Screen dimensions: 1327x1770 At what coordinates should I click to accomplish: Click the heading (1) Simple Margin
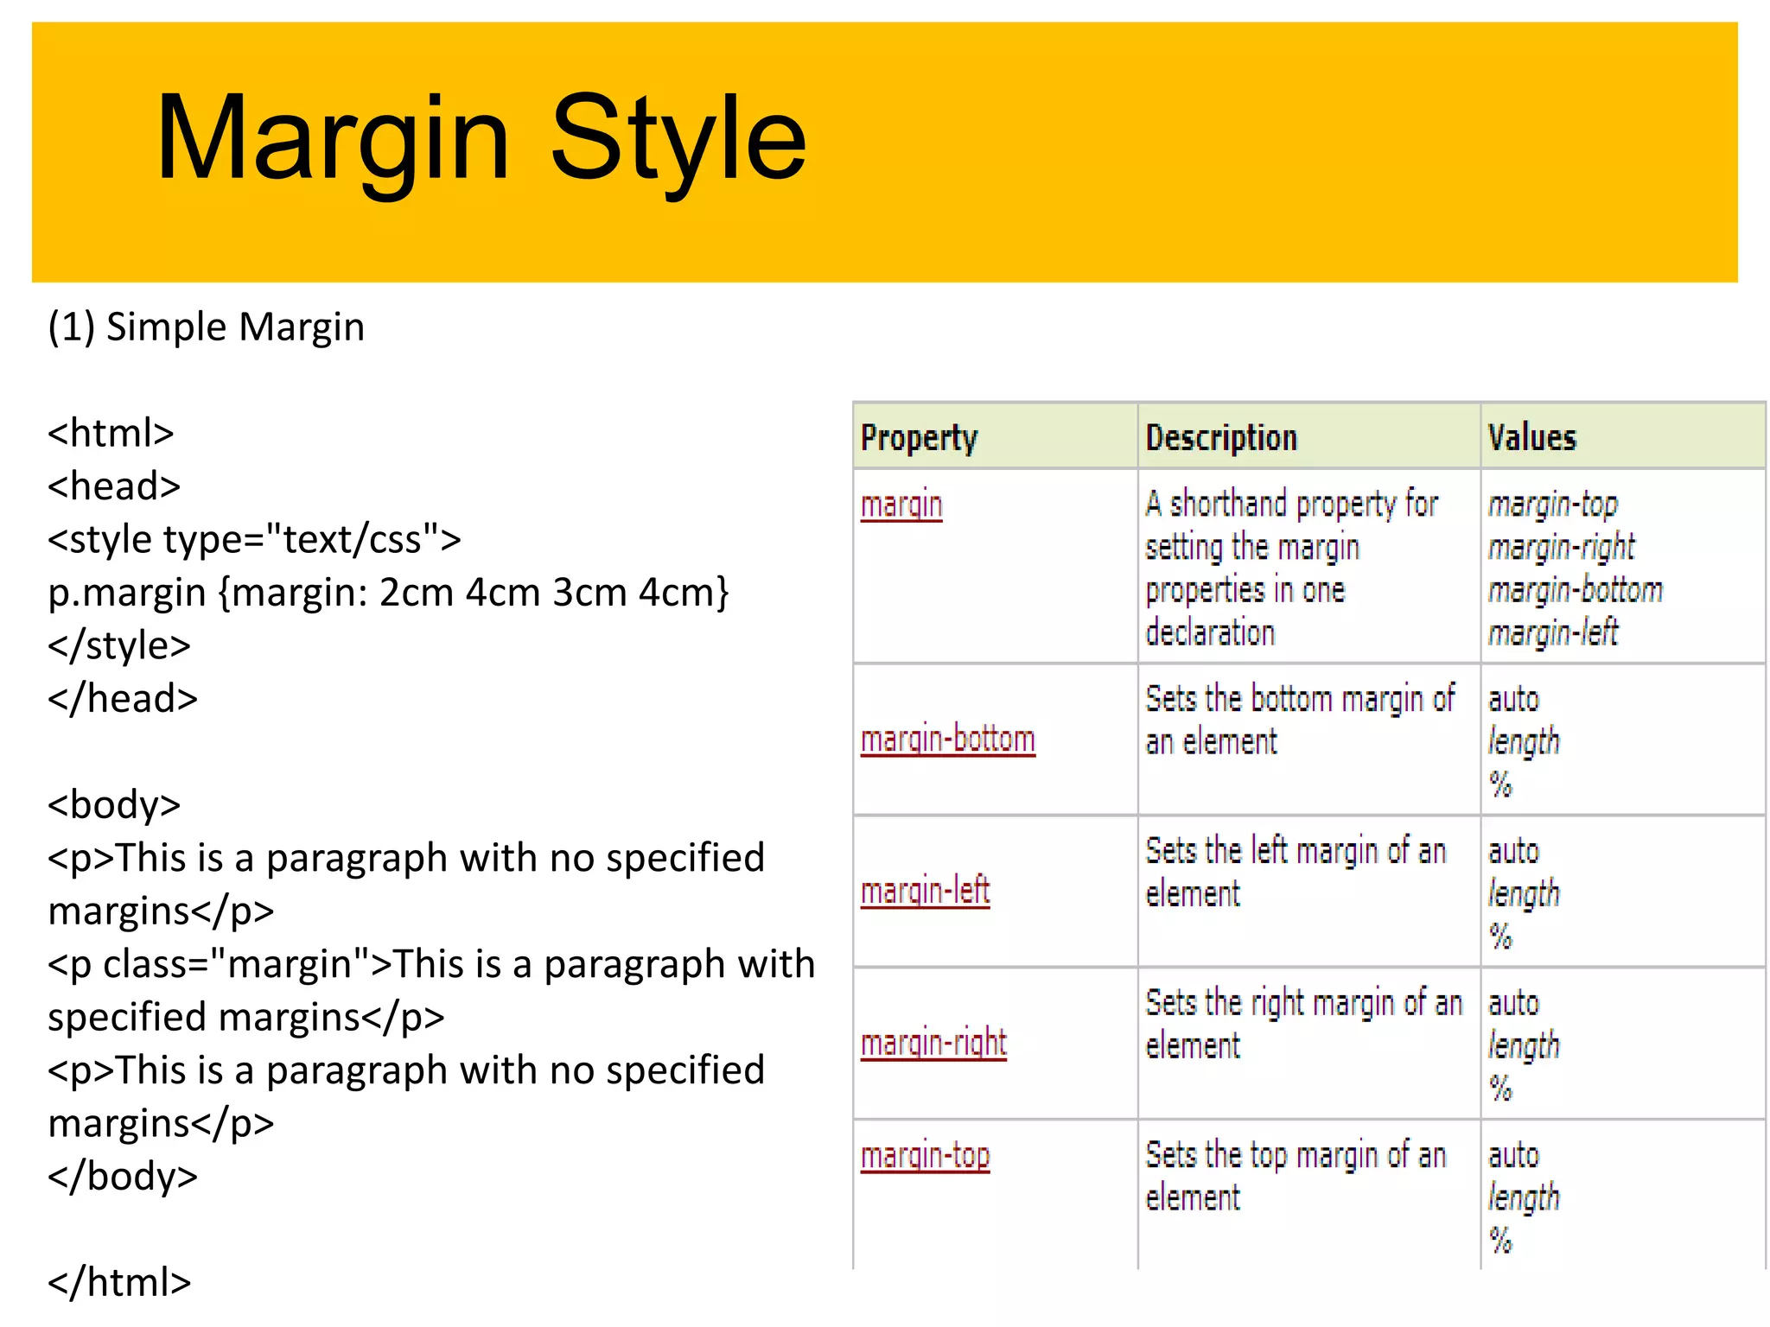pos(206,327)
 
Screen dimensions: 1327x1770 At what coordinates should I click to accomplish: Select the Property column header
pos(919,438)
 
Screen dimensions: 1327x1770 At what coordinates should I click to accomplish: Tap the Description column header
pos(1220,438)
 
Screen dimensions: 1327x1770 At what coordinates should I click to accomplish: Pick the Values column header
pos(1531,438)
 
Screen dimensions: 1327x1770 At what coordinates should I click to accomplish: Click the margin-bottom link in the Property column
pos(947,740)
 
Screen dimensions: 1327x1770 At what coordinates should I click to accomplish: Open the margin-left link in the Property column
pos(925,892)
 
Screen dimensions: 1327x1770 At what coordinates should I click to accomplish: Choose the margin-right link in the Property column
pos(933,1044)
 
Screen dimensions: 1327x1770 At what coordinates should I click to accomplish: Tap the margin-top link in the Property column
pos(925,1156)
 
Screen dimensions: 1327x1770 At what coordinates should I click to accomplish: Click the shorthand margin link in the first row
pos(901,505)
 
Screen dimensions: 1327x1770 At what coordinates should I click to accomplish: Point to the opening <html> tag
pos(111,433)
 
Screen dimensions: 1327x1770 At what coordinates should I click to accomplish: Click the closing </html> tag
pos(119,1282)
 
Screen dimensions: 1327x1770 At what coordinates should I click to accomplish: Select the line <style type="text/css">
pos(254,539)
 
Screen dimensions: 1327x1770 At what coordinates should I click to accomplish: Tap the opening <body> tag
pos(114,805)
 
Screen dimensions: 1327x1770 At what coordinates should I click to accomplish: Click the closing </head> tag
pos(123,699)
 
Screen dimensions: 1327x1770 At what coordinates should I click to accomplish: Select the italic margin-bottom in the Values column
pos(1575,591)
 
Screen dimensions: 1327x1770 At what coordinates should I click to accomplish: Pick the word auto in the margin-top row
pos(1513,1156)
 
